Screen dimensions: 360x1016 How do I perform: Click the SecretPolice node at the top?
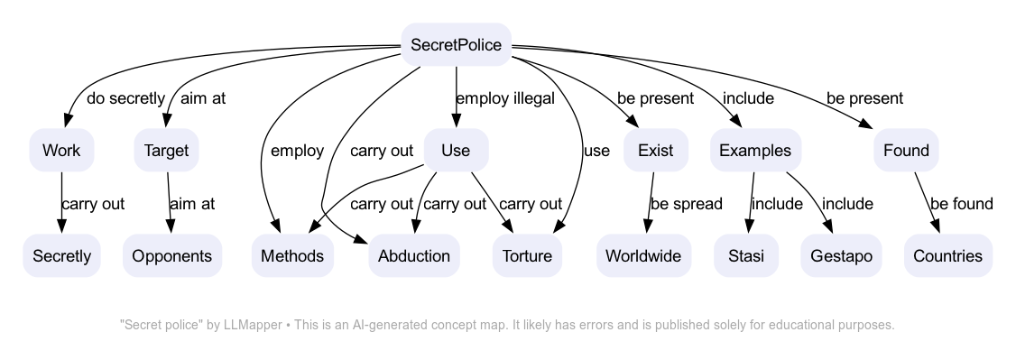(456, 45)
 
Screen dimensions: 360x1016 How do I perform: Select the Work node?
(61, 151)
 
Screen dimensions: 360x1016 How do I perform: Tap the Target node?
(167, 151)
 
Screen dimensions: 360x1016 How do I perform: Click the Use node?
(456, 151)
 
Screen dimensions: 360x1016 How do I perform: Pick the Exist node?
(655, 151)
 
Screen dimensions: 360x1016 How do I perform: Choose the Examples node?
(755, 151)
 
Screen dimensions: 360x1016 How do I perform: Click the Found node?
(906, 151)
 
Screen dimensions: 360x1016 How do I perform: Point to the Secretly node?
(61, 256)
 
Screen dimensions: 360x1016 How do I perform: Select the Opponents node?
(171, 256)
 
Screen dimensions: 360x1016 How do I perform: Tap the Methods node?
(292, 256)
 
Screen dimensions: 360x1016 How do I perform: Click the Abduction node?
(414, 256)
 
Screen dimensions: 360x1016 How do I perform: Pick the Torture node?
(527, 256)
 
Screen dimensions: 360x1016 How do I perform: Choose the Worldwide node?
(643, 256)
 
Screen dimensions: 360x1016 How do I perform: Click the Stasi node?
(745, 256)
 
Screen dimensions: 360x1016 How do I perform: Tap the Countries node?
(947, 256)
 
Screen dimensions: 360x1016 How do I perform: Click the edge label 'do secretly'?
(125, 98)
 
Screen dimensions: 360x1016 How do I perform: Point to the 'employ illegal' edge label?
(504, 98)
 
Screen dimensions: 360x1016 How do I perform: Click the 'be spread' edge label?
(686, 204)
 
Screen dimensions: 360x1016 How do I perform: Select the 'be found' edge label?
(961, 204)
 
